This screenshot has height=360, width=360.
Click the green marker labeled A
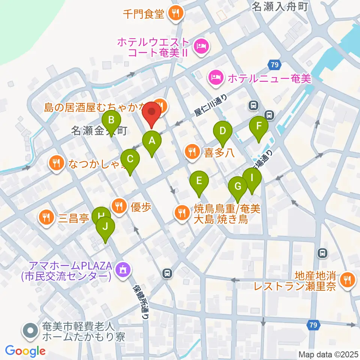coord(152,141)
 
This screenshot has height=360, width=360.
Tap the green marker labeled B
coord(111,120)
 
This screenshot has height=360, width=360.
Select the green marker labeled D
coord(223,131)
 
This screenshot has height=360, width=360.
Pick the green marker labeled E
coord(199,181)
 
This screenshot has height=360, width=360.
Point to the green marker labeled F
coord(259,126)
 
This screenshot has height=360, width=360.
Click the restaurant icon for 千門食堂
coord(175,14)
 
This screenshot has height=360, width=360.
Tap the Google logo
coord(25,351)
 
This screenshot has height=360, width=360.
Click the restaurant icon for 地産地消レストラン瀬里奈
coord(348,279)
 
